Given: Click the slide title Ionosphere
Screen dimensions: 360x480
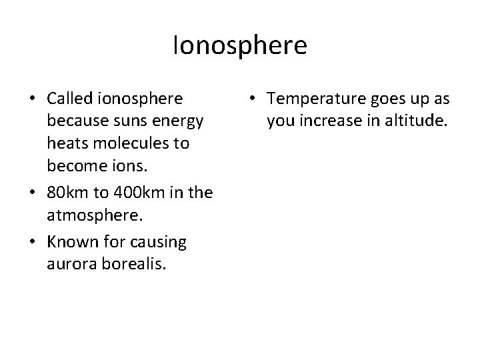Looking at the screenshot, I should click(239, 46).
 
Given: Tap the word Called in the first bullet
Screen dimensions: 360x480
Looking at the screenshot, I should click(70, 99).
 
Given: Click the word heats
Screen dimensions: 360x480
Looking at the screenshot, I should click(65, 143).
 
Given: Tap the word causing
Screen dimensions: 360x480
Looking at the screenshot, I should click(160, 243).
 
